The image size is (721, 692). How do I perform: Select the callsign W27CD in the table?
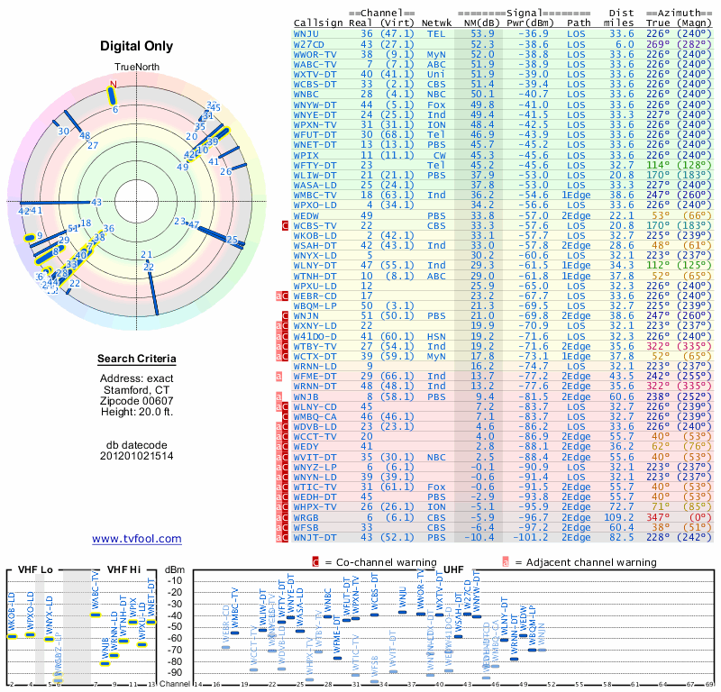coord(309,43)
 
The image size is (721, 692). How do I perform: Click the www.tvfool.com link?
coord(137,539)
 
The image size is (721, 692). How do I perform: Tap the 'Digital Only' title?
coord(137,46)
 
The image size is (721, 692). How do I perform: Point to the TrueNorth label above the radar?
coord(137,68)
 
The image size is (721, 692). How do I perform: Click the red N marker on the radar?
coord(113,86)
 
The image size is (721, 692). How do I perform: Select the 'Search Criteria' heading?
coord(137,360)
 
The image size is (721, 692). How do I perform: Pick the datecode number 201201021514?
coord(137,455)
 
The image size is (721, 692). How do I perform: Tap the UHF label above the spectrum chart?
coord(454,569)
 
